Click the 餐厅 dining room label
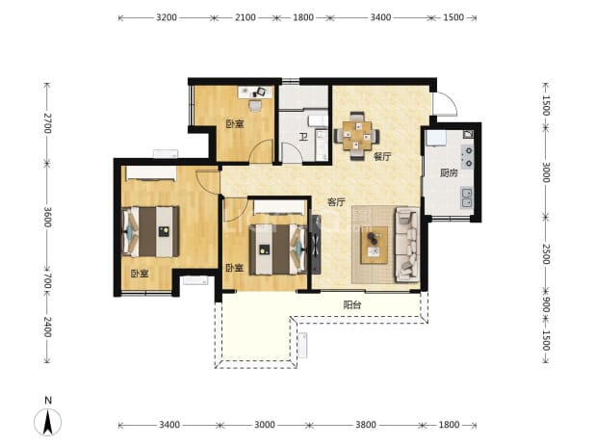(x=381, y=156)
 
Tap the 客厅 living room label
(x=336, y=202)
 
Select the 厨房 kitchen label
(x=449, y=173)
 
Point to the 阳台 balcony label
(x=352, y=304)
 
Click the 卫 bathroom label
(x=303, y=137)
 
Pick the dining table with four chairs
(x=356, y=136)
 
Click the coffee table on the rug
(x=375, y=245)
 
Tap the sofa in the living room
(x=407, y=244)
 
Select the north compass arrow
(x=48, y=422)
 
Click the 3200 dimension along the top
(x=167, y=17)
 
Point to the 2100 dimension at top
(x=245, y=17)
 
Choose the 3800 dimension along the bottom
(x=366, y=425)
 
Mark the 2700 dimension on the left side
(x=47, y=123)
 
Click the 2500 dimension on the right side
(x=546, y=254)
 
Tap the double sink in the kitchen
(x=467, y=197)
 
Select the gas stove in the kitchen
(x=468, y=157)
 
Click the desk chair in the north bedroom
(x=255, y=105)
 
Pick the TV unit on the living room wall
(x=315, y=244)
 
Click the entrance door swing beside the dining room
(x=445, y=103)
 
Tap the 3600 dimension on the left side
(x=47, y=217)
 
